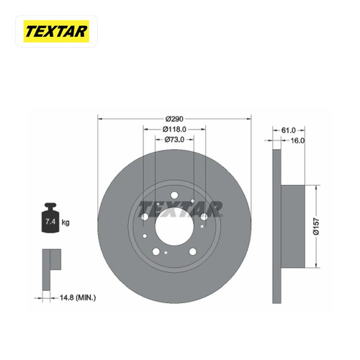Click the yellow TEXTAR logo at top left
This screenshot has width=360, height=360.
pos(56,32)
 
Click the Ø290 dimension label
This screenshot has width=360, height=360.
pos(174,119)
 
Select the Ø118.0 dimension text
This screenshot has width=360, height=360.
pos(174,130)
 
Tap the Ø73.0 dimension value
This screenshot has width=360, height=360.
pos(174,140)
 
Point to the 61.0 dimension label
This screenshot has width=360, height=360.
pos(288,130)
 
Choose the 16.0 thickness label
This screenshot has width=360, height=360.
pos(297,140)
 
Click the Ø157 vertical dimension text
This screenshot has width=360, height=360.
pos(317,226)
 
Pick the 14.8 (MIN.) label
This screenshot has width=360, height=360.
pos(78,298)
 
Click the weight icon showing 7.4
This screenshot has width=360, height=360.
pos(50,217)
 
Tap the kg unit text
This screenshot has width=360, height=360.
pos(66,222)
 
